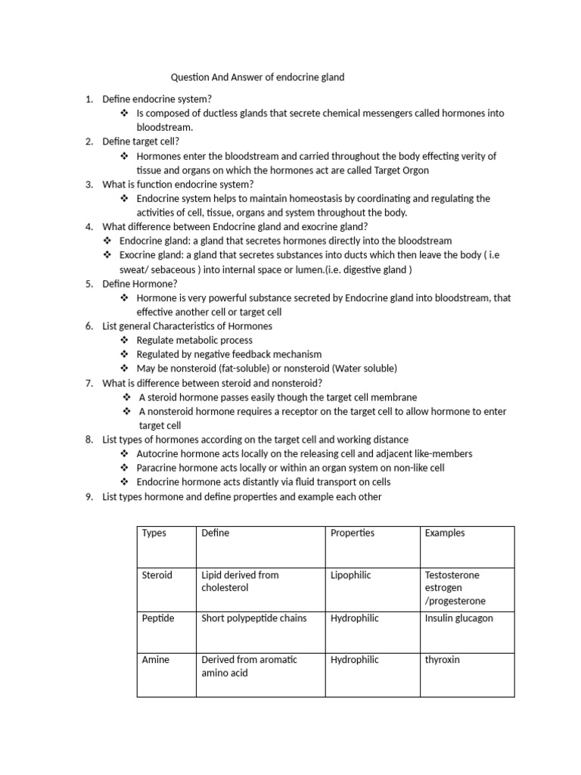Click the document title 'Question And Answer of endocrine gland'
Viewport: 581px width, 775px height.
point(257,77)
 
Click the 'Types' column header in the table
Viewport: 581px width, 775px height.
point(154,533)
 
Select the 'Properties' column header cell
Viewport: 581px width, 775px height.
point(353,533)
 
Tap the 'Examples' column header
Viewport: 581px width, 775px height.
point(445,533)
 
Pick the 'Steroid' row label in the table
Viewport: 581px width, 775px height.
point(157,575)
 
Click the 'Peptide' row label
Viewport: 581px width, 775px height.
point(158,618)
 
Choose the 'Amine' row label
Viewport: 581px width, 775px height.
point(156,660)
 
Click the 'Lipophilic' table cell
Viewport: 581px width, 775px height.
point(351,575)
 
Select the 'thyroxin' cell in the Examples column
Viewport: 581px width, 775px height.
point(443,660)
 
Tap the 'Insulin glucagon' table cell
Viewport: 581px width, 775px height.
point(459,618)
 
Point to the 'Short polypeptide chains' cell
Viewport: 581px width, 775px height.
point(254,618)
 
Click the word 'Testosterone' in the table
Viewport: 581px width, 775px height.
point(452,575)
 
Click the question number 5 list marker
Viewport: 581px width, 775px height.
point(89,284)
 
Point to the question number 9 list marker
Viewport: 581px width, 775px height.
point(89,497)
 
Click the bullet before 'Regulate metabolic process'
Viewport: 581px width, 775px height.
point(124,341)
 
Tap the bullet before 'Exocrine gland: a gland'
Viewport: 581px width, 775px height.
point(107,255)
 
